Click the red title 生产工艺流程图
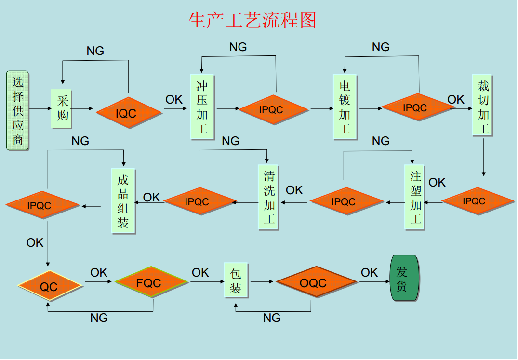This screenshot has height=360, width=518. tap(252, 20)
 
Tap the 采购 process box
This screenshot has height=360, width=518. tap(62, 108)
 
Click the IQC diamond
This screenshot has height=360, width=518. tap(129, 113)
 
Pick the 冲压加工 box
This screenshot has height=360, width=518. tap(202, 107)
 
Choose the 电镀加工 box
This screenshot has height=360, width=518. tap(345, 107)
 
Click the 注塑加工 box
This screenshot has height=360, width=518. tap(415, 197)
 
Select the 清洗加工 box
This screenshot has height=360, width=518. tap(269, 197)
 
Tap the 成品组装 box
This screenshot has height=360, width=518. tap(123, 201)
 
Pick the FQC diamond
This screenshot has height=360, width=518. tap(151, 282)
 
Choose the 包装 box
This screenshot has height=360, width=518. tap(236, 281)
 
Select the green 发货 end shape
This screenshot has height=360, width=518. tap(404, 278)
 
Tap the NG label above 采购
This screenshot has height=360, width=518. tap(95, 51)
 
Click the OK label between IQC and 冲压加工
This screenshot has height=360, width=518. tap(174, 99)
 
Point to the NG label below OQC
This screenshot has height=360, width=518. tap(272, 318)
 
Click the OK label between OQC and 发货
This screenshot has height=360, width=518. tap(370, 273)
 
